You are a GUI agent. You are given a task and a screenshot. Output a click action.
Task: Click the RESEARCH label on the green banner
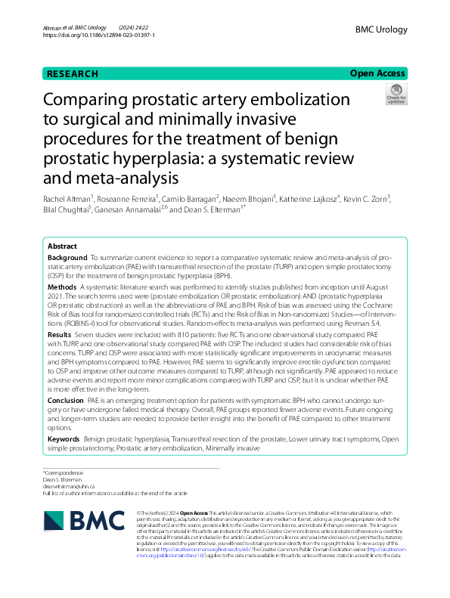[73, 73]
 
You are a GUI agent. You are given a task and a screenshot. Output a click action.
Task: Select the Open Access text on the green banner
[378, 73]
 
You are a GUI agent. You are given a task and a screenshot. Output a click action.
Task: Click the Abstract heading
[62, 247]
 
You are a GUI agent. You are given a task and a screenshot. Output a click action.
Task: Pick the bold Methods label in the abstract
[61, 288]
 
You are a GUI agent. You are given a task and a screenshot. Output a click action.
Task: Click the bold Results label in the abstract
[60, 333]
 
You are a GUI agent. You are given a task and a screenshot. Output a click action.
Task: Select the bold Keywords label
[64, 438]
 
